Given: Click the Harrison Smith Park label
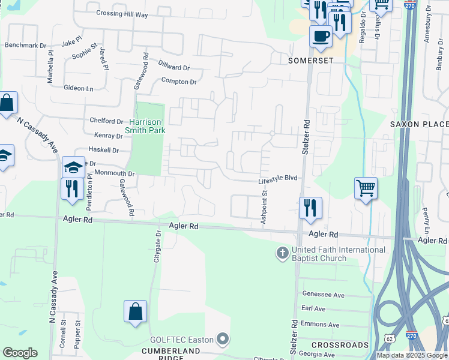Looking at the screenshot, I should pyautogui.click(x=145, y=125).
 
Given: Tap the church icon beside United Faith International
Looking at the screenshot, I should pyautogui.click(x=282, y=253).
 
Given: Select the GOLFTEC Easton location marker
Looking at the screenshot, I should pyautogui.click(x=223, y=340).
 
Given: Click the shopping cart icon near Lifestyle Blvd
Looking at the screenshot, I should pyautogui.click(x=366, y=189).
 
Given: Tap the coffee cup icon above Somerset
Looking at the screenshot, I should pyautogui.click(x=321, y=35).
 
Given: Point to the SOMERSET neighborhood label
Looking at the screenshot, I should pyautogui.click(x=294, y=61).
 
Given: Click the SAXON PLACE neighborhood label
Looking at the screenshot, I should pyautogui.click(x=419, y=124).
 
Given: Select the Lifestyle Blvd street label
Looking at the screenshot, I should pyautogui.click(x=278, y=179).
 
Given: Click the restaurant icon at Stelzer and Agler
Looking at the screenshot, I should pyautogui.click(x=310, y=208).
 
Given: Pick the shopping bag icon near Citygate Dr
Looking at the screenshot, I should pyautogui.click(x=135, y=311).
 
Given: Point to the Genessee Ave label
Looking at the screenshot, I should pyautogui.click(x=323, y=295).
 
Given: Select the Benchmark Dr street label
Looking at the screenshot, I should pyautogui.click(x=25, y=45).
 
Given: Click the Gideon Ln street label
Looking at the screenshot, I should pyautogui.click(x=79, y=88).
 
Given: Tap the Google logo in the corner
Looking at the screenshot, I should pyautogui.click(x=20, y=353).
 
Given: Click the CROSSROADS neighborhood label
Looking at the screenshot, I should pyautogui.click(x=340, y=345).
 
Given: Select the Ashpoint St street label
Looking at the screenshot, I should pyautogui.click(x=263, y=208).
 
